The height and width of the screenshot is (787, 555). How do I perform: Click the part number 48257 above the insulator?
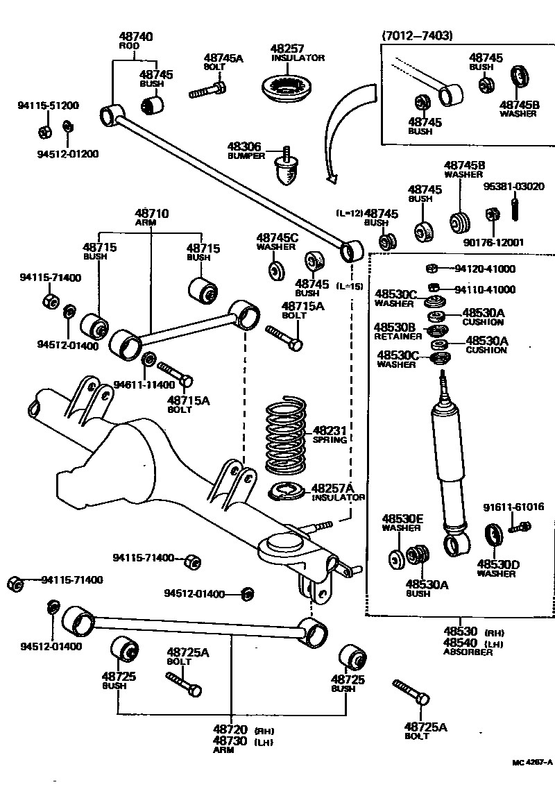click(x=287, y=49)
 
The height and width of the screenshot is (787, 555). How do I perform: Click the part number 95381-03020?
click(x=513, y=187)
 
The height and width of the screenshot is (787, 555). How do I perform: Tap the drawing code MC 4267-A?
click(x=531, y=763)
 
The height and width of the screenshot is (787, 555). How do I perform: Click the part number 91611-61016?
click(x=513, y=507)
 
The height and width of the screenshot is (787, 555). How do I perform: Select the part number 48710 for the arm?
click(x=151, y=213)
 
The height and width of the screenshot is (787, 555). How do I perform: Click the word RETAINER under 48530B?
click(x=398, y=337)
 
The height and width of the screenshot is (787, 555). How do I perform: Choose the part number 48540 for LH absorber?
click(x=461, y=643)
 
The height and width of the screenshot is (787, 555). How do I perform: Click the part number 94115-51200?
click(x=48, y=106)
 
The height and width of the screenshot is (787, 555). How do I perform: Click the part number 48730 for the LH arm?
click(x=230, y=741)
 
